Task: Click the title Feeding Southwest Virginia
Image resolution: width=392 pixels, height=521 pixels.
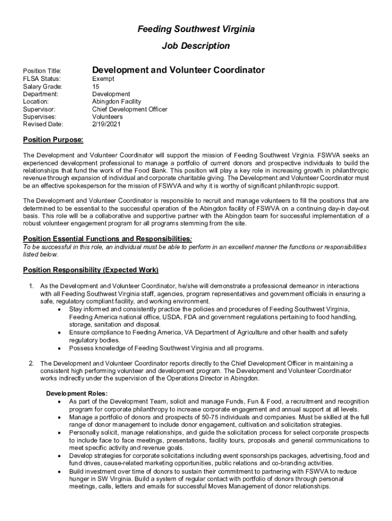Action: pyautogui.click(x=196, y=30)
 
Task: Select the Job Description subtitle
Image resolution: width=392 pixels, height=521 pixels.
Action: pyautogui.click(x=196, y=46)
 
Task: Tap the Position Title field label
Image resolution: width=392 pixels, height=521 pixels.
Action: pyautogui.click(x=42, y=71)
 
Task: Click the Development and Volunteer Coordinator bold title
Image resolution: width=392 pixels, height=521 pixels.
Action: pyautogui.click(x=178, y=70)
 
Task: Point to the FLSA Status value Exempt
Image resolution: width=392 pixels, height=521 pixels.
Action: pyautogui.click(x=103, y=79)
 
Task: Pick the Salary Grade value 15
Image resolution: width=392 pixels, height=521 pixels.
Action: pyautogui.click(x=96, y=86)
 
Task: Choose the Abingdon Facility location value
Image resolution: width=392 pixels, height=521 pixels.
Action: pyautogui.click(x=117, y=102)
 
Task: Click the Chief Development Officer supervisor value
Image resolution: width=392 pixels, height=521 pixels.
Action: pyautogui.click(x=129, y=109)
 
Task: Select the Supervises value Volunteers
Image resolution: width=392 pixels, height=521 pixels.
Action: pyautogui.click(x=107, y=117)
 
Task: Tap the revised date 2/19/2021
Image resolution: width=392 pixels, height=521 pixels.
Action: pyautogui.click(x=107, y=124)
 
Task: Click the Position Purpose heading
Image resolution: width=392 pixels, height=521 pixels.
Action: pyautogui.click(x=53, y=140)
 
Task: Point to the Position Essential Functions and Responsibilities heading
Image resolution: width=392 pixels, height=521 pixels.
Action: pyautogui.click(x=107, y=239)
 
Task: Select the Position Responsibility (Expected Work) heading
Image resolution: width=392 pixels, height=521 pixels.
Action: pyautogui.click(x=91, y=269)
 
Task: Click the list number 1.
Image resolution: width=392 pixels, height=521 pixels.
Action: pyautogui.click(x=31, y=286)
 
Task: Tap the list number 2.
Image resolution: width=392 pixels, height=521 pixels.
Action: pyautogui.click(x=31, y=363)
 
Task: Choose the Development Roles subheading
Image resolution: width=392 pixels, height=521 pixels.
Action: pyautogui.click(x=77, y=393)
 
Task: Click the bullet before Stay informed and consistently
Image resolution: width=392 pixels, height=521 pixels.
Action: pyautogui.click(x=60, y=309)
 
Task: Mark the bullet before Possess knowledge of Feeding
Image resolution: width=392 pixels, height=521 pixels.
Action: pyautogui.click(x=60, y=349)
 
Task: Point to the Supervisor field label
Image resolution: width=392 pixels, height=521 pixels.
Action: pyautogui.click(x=39, y=109)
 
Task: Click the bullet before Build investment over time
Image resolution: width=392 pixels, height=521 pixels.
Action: pyautogui.click(x=60, y=471)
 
